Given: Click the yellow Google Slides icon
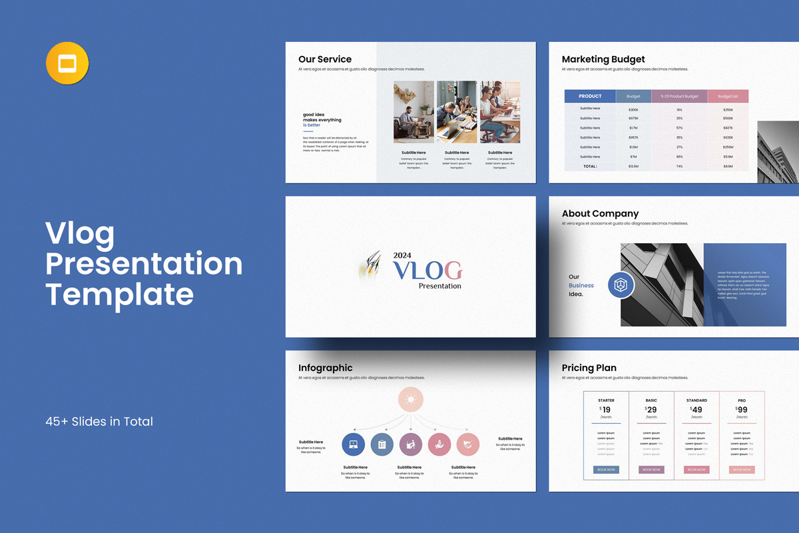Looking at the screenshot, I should (x=67, y=64).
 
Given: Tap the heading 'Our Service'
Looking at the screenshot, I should (x=325, y=59).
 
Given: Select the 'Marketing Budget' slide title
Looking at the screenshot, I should (x=603, y=59).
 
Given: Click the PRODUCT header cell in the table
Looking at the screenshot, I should (x=590, y=96).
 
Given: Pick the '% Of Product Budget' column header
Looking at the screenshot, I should (x=679, y=96).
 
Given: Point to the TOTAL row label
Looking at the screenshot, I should (x=590, y=166).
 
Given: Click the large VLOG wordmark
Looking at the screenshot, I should (x=427, y=270).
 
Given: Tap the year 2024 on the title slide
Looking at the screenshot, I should (x=403, y=255).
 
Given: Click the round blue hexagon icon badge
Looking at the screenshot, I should (x=621, y=285).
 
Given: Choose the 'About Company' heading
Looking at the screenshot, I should (x=600, y=214).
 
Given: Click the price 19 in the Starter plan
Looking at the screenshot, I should (x=606, y=410).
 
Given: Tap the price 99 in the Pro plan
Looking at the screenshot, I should (x=742, y=410).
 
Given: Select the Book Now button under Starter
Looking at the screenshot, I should (x=606, y=470).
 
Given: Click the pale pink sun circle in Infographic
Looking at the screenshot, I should (x=411, y=400).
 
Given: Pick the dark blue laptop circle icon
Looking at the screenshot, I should (x=354, y=444).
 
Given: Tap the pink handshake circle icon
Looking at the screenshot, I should (x=468, y=444).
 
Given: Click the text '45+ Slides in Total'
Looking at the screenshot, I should (x=99, y=421).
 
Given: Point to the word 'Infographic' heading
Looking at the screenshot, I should (x=326, y=368).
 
